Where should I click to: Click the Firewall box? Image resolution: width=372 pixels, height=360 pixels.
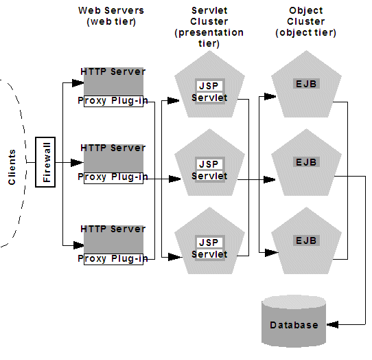[47, 162]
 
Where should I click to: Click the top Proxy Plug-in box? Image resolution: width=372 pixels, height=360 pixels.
[113, 101]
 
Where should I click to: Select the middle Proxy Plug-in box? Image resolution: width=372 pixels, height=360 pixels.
[113, 177]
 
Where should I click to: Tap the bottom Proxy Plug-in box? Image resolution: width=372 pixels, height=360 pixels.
[113, 259]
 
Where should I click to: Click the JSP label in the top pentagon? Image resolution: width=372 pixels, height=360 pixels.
[209, 86]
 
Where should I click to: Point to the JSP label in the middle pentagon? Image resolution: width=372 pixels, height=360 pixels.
[209, 165]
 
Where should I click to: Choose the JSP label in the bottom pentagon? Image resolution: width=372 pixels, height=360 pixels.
[209, 243]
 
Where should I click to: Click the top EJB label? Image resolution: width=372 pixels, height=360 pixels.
[305, 83]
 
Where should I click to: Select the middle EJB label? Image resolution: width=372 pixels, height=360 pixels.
[305, 162]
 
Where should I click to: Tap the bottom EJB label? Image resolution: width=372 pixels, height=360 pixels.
[305, 240]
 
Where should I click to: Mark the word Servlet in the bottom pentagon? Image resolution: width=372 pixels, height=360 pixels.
[209, 254]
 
